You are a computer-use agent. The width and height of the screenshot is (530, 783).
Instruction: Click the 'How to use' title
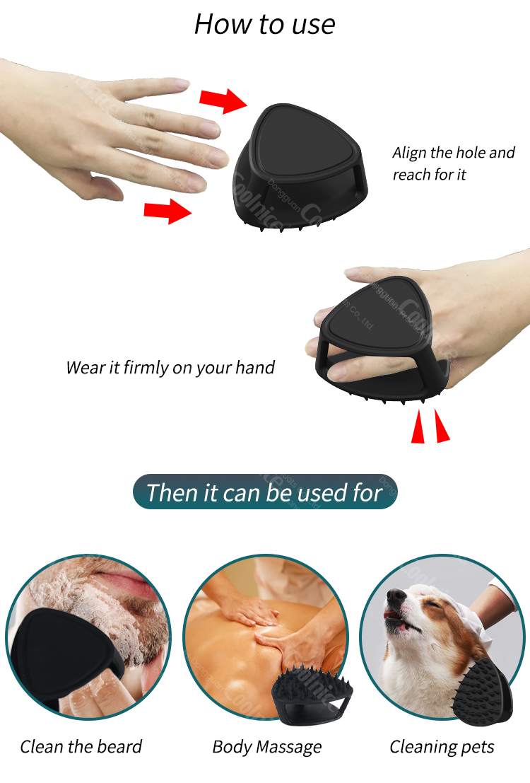click(264, 24)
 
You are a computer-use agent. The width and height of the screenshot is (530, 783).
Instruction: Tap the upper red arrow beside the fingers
click(222, 100)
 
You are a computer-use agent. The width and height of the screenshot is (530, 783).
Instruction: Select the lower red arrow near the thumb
click(167, 210)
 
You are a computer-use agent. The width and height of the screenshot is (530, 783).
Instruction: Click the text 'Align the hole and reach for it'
click(454, 163)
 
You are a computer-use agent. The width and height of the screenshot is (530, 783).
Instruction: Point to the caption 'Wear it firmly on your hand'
click(170, 368)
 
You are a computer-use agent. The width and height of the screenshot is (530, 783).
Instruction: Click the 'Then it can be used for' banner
click(264, 492)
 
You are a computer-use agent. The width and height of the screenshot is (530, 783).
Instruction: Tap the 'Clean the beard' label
click(81, 747)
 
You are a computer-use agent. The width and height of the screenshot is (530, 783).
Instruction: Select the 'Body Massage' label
click(267, 747)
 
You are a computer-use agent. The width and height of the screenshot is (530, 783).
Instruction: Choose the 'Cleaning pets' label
click(442, 747)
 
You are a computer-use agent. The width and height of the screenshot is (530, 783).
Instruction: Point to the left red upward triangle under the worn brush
click(418, 429)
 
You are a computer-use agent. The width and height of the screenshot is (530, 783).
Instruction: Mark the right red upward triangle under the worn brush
click(441, 428)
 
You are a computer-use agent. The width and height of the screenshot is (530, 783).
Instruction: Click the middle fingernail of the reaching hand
click(209, 128)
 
